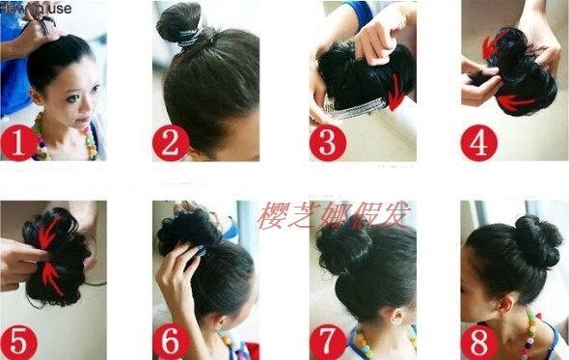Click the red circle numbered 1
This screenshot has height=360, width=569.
[x=18, y=143]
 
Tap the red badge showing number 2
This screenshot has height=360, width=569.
[x=170, y=143]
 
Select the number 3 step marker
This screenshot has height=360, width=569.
[x=327, y=143]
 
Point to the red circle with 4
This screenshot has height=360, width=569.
[x=478, y=143]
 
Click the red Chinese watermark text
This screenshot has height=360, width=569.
[x=333, y=214]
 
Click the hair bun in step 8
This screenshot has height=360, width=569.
[x=537, y=241]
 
